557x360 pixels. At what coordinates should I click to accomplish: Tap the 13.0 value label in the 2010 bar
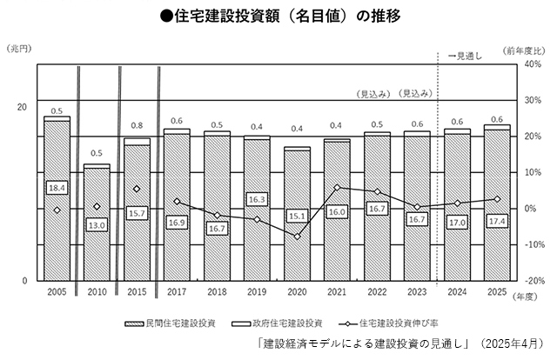pos(97,225)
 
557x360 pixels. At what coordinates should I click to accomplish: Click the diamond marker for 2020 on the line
pos(297,237)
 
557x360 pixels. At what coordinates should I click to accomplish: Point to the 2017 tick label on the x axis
pos(177,293)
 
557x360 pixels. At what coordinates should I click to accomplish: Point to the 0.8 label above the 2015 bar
pos(137,126)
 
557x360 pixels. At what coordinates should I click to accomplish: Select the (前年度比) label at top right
pos(525,50)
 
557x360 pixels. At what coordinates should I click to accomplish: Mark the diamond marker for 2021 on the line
pos(337,187)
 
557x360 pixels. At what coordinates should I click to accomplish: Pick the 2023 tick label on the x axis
pos(417,293)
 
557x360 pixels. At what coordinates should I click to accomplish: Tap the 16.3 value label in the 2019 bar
pos(257,199)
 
